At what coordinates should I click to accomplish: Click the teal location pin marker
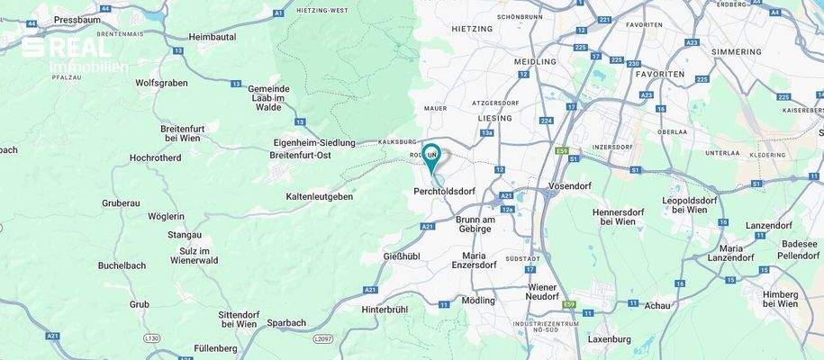pyautogui.click(x=432, y=157)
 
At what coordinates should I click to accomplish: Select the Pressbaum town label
pyautogui.click(x=77, y=19)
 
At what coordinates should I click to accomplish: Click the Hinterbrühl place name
pyautogui.click(x=385, y=309)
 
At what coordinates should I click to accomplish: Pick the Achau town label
pyautogui.click(x=657, y=305)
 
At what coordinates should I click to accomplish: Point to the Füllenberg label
pyautogui.click(x=214, y=347)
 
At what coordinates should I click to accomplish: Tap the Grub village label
pyautogui.click(x=140, y=304)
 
